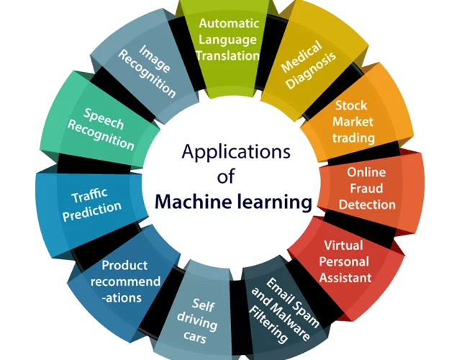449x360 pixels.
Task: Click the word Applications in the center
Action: pos(236,153)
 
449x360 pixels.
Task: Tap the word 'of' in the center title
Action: pos(226,176)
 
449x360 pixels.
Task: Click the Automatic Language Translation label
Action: pos(229,40)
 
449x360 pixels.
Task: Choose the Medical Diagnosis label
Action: pos(309,65)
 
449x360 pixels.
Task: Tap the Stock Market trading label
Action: pos(353,122)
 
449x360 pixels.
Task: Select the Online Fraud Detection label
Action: pos(367,189)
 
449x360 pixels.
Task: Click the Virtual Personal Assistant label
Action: pos(345,261)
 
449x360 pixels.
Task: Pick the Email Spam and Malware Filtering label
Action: pos(284,310)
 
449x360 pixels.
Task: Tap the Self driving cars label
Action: pos(197,320)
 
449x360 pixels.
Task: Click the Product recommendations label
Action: pos(125,282)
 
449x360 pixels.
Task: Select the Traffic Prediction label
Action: pos(91,204)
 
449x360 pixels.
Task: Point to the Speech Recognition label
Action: pos(101,129)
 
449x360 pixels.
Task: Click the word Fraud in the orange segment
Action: pos(366,189)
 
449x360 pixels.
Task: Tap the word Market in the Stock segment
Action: pos(353,122)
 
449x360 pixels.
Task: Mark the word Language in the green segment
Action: pos(228,40)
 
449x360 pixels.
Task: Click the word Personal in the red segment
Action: pos(344,261)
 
